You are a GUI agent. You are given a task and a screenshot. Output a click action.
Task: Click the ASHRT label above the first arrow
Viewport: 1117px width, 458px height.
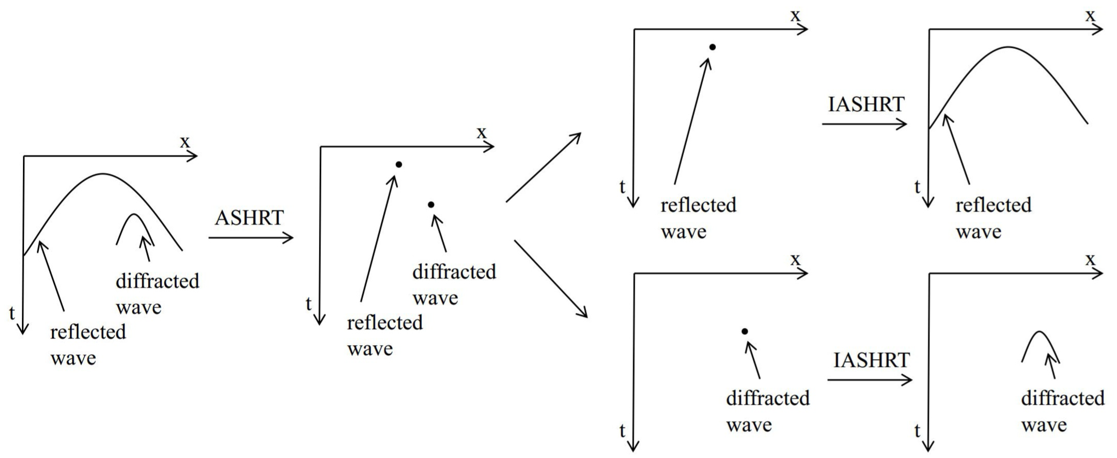[x=249, y=218]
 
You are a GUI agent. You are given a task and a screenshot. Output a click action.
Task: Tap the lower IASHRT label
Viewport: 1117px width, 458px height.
[x=871, y=360]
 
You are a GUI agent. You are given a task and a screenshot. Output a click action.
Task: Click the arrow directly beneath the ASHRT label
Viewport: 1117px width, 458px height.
[x=250, y=238]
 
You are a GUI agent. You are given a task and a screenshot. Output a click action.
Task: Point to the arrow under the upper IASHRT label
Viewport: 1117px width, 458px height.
[x=864, y=124]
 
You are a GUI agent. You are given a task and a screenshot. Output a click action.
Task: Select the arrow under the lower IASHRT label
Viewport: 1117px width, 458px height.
[x=869, y=381]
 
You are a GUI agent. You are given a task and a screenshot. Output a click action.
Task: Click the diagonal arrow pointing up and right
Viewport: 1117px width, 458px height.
[x=543, y=168]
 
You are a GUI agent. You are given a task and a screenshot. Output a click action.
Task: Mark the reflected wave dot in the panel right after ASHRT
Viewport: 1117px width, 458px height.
[x=398, y=164]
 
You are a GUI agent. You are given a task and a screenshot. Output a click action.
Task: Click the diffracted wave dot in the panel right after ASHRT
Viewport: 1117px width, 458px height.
[x=430, y=205]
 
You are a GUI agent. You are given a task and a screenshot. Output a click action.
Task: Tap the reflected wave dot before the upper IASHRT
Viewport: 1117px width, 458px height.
[x=712, y=47]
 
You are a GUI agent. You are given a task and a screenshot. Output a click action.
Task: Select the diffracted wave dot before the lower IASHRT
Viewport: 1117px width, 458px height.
[x=744, y=331]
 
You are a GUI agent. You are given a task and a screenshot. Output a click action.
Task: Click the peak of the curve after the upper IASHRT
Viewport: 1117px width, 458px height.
[x=1008, y=47]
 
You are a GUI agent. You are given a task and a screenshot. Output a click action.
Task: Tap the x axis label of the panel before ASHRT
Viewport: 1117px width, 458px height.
[x=185, y=141]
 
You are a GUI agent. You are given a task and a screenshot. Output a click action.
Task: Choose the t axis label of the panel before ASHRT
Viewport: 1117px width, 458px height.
[x=12, y=313]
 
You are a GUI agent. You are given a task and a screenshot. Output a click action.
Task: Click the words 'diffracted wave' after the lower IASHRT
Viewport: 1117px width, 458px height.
[x=1062, y=411]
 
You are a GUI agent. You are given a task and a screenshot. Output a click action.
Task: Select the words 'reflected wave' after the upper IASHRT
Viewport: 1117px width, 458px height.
[x=993, y=218]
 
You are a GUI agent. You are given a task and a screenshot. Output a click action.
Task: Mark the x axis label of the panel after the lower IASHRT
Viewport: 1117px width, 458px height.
[x=1090, y=259]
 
